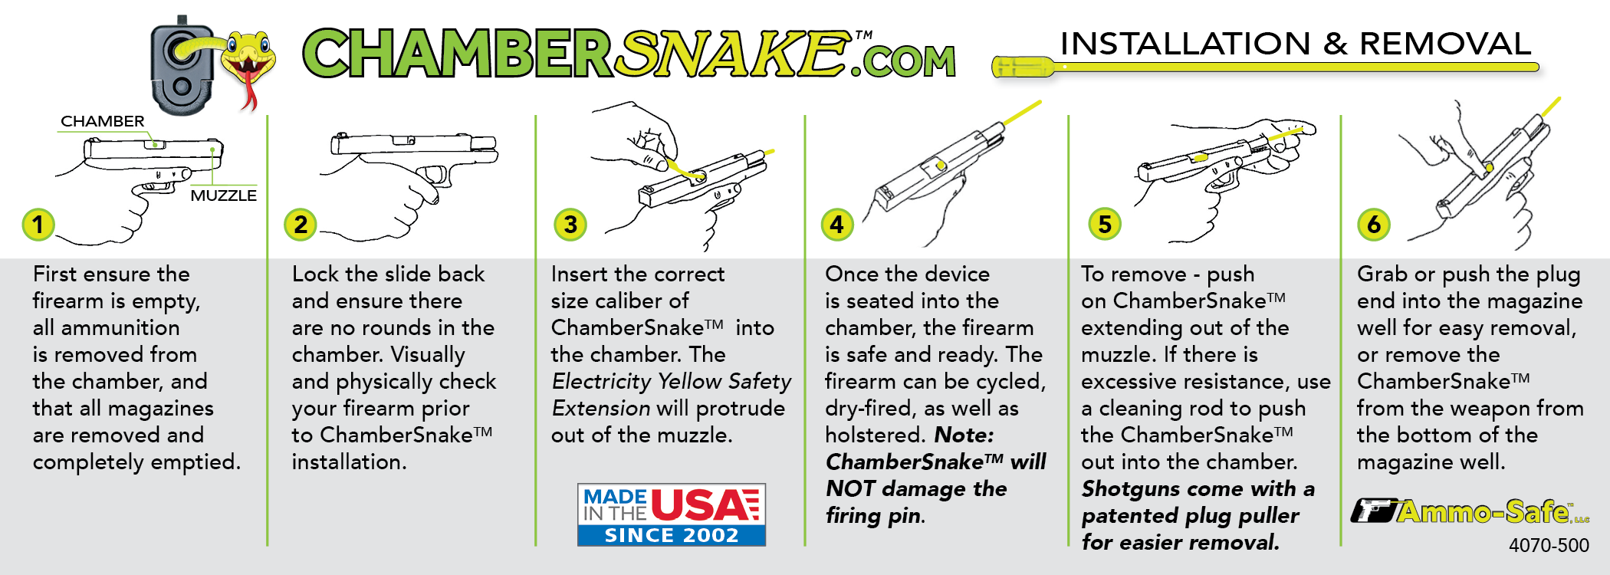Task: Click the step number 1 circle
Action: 38,225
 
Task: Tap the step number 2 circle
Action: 301,225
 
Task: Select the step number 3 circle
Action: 570,225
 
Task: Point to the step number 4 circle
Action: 837,225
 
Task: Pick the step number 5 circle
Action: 1105,225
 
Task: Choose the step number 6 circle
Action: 1374,225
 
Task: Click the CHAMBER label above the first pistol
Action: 103,121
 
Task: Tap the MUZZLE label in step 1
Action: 223,195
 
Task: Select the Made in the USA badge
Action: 671,514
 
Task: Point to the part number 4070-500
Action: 1549,545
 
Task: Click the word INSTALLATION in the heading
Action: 1185,44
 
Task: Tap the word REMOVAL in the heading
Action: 1445,44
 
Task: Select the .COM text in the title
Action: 904,61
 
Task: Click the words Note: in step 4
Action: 964,435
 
